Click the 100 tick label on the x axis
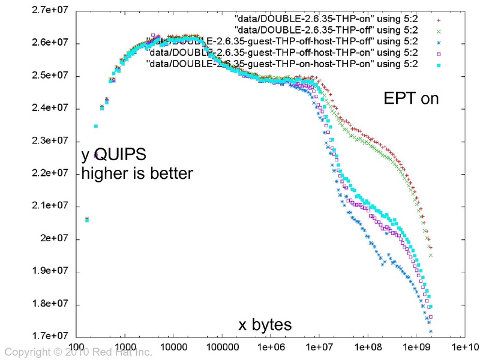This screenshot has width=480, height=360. coord(76,346)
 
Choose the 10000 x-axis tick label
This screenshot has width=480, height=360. coord(173,346)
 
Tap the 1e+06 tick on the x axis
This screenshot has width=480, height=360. coord(269,346)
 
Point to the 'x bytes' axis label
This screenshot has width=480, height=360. coord(265,325)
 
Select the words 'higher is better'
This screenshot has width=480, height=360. coord(137,174)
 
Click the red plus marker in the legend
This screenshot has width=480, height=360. coord(439,20)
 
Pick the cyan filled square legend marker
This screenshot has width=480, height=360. coord(439,64)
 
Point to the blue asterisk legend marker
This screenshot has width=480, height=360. coord(439,42)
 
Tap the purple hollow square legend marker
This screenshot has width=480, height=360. coord(439,53)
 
